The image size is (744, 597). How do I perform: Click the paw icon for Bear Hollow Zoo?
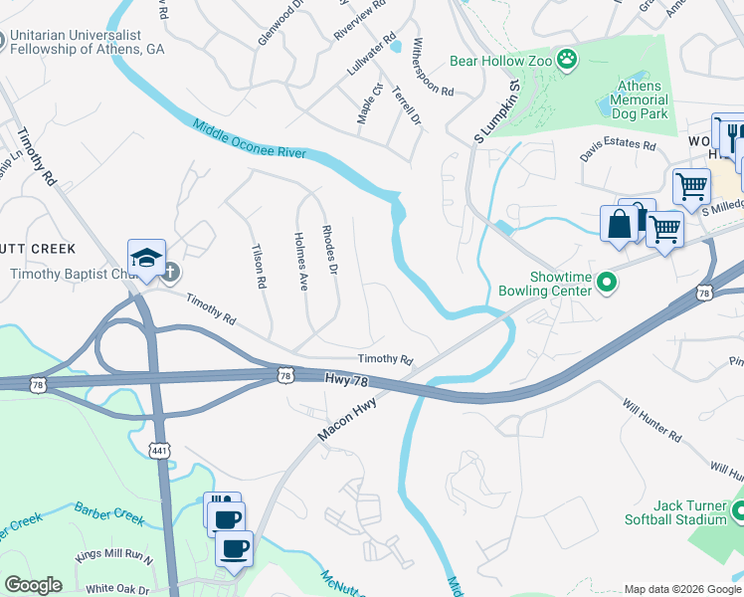[x=567, y=60]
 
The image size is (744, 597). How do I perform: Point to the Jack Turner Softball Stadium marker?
[x=738, y=511]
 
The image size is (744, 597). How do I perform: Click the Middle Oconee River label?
[x=250, y=140]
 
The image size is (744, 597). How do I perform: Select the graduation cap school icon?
[x=146, y=257]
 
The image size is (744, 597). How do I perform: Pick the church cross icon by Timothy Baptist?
[x=170, y=272]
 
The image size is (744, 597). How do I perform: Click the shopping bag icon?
[x=619, y=223]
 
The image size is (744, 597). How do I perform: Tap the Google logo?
[x=33, y=585]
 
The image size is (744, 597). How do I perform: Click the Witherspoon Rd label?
[x=432, y=68]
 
